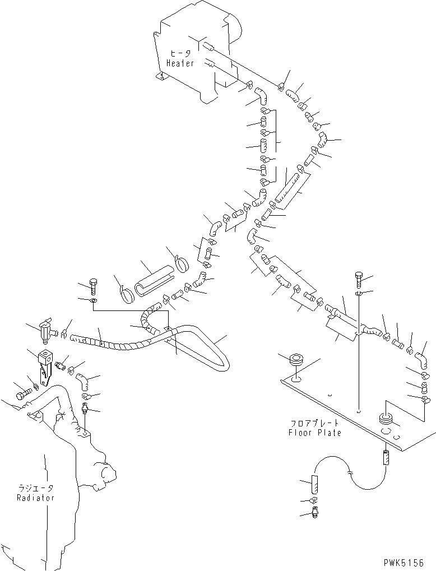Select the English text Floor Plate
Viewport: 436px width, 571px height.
(x=314, y=433)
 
